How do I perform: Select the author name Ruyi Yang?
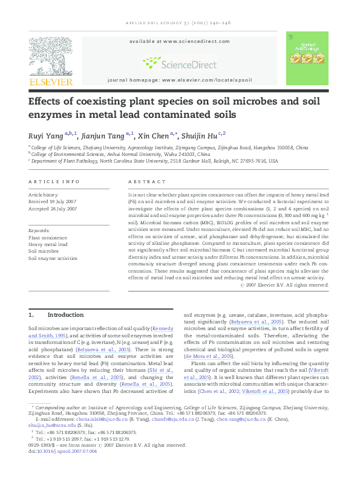46,134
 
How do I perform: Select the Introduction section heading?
65,315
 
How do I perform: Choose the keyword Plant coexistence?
48,238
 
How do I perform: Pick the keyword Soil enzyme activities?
53,258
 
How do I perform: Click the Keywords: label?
40,230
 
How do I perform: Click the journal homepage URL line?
180,80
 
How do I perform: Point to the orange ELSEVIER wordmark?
51,82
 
